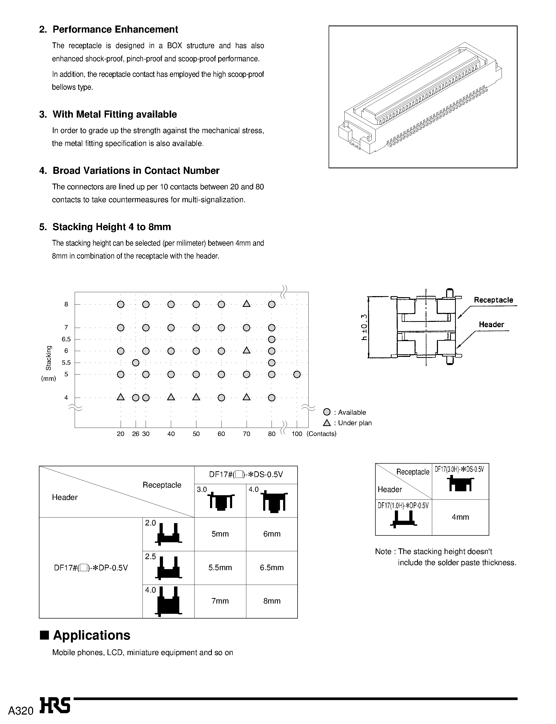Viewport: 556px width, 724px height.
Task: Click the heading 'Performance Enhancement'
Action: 115,29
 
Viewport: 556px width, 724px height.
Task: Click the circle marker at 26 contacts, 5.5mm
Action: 136,362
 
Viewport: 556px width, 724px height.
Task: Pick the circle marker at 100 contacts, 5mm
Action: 297,374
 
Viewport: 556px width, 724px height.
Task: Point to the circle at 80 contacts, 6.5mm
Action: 272,339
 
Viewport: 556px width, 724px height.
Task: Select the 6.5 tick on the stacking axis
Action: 66,339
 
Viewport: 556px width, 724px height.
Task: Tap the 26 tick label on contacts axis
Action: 136,434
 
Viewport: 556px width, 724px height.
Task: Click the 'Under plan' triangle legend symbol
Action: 327,423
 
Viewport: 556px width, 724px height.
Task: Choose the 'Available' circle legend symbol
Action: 327,412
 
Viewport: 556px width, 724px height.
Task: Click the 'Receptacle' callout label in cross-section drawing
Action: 493,300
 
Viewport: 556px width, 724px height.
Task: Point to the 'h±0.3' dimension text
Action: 364,327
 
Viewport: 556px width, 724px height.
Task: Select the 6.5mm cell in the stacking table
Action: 272,568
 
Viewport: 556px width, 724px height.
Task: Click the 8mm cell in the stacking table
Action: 272,601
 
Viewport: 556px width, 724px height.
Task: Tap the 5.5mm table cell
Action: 220,568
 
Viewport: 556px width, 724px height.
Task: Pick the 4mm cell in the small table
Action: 460,517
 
